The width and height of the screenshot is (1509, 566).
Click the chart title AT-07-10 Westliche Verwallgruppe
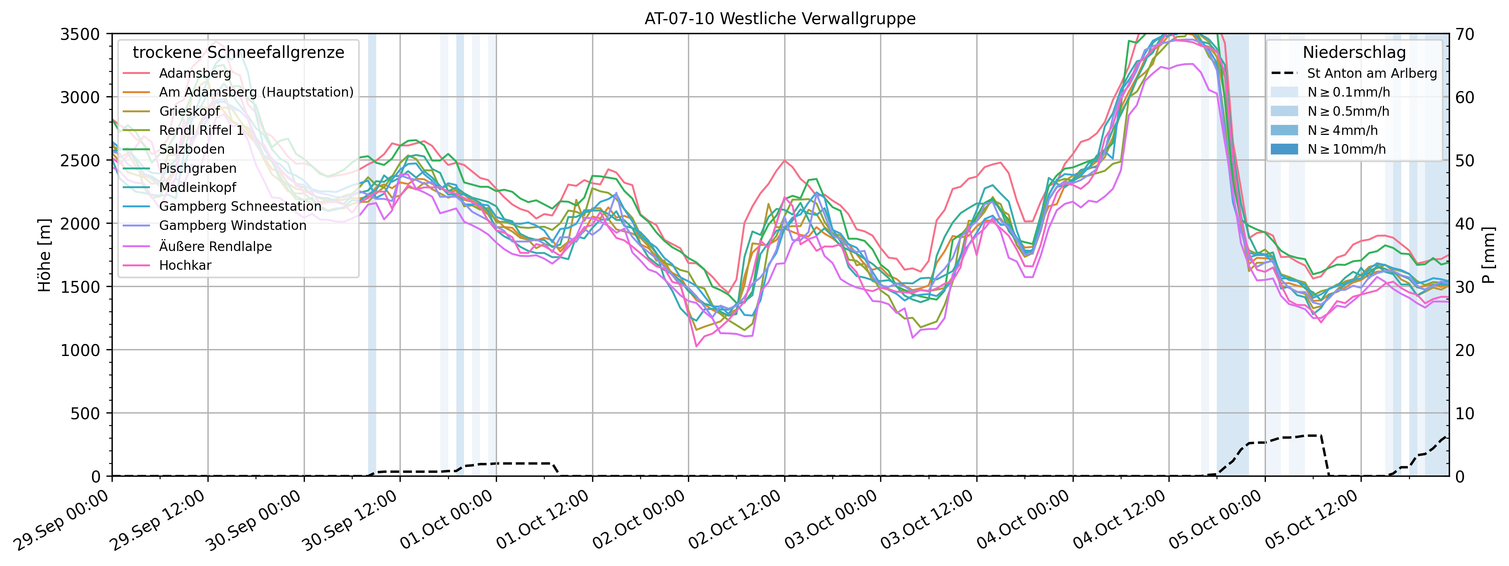(780, 19)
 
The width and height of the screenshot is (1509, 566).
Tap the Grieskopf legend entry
(189, 111)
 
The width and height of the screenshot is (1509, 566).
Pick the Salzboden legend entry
(192, 149)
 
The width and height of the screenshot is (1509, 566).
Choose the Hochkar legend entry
(185, 265)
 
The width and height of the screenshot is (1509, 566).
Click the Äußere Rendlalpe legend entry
(215, 246)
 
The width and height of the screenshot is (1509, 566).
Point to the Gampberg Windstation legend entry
(232, 225)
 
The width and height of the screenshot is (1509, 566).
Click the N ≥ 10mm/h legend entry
(1346, 149)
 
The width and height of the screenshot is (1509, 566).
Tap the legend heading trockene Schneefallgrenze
(239, 52)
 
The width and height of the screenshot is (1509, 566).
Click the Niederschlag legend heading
(1354, 52)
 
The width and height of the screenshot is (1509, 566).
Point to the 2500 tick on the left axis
(80, 161)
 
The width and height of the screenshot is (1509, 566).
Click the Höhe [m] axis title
(44, 255)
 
